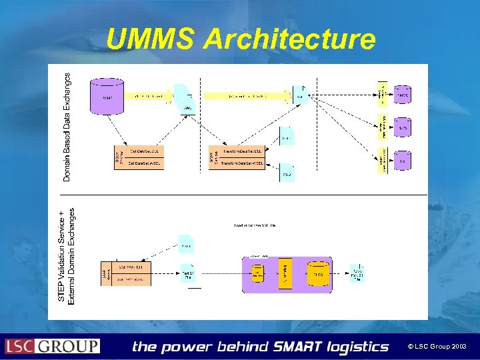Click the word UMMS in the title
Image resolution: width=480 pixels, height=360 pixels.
click(x=151, y=39)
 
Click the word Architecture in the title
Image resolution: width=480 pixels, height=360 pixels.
click(x=289, y=39)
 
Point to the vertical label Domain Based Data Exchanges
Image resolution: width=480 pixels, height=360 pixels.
click(x=67, y=127)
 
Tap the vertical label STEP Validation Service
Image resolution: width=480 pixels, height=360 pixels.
click(x=62, y=257)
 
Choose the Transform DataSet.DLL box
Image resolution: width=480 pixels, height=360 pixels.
click(x=238, y=151)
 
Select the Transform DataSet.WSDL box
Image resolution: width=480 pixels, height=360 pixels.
click(x=238, y=163)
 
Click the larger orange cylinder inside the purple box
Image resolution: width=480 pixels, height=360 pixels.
click(x=318, y=274)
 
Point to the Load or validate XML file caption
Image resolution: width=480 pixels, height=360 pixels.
click(x=255, y=225)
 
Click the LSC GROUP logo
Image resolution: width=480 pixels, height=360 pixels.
click(x=52, y=346)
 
